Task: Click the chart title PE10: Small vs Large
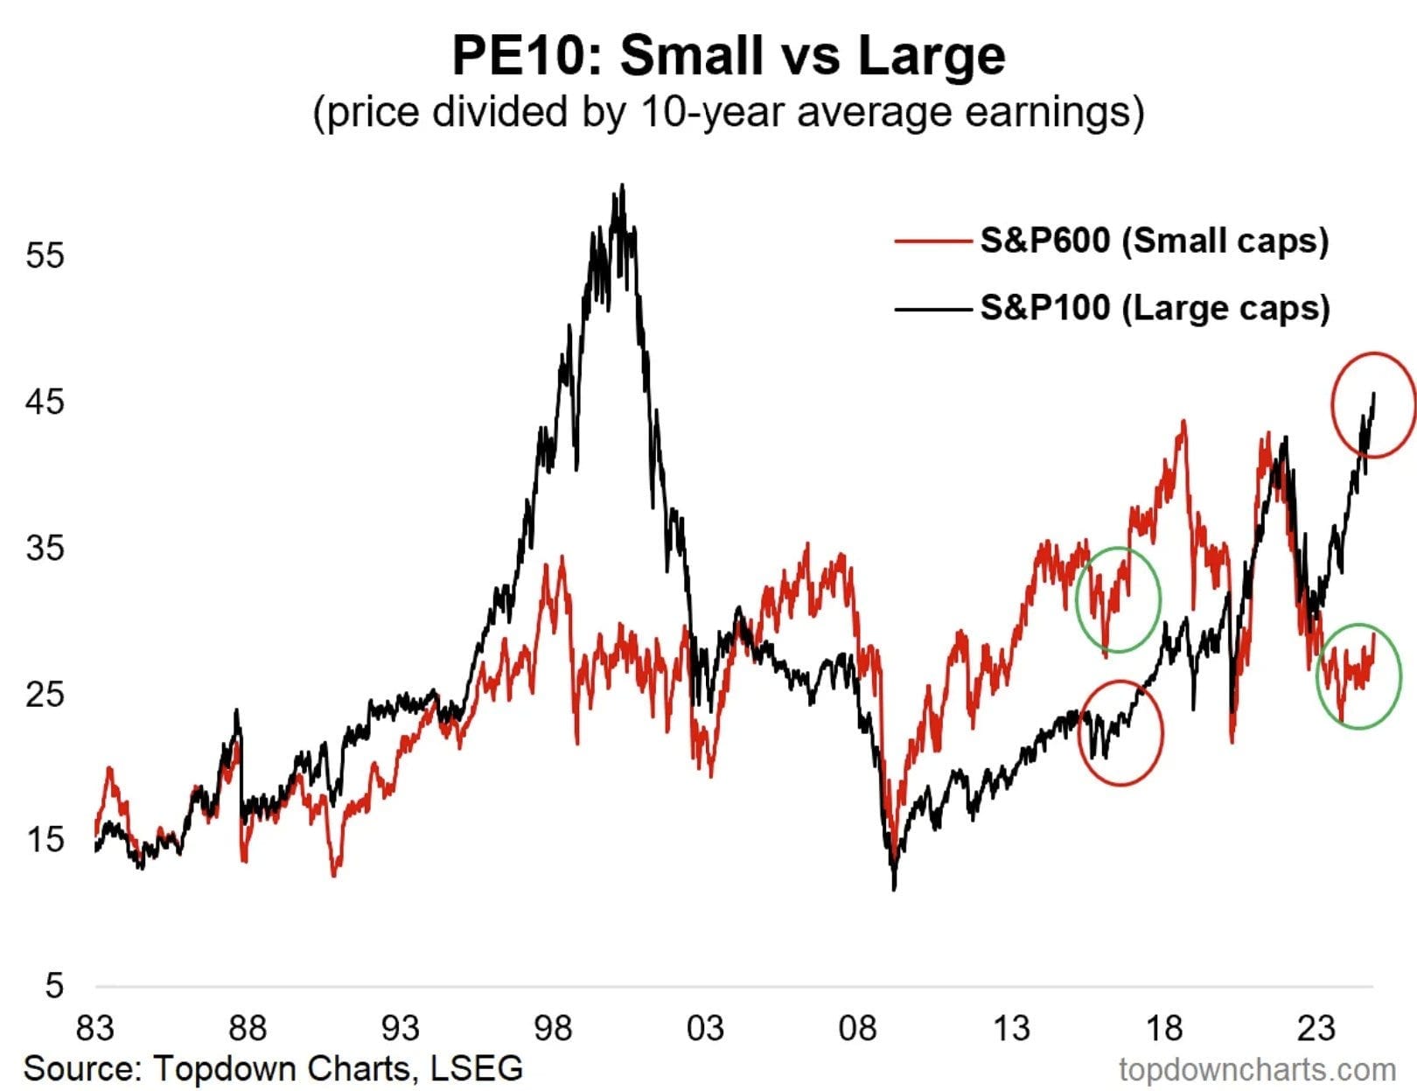(x=728, y=56)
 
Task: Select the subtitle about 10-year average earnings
(x=728, y=113)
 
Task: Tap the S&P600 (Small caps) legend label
(x=1154, y=240)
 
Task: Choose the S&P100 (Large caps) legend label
(x=1155, y=307)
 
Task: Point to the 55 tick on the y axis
(x=45, y=255)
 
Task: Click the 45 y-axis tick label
(x=45, y=402)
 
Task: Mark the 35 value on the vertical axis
(x=45, y=548)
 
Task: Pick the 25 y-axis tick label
(x=45, y=694)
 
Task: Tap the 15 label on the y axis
(x=45, y=840)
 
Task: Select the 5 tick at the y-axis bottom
(x=54, y=986)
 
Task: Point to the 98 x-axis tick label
(x=553, y=1027)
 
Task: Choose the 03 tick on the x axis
(x=705, y=1027)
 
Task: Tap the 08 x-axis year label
(x=857, y=1027)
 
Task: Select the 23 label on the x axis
(x=1316, y=1027)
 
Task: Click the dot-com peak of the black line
(x=622, y=185)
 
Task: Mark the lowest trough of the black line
(x=894, y=889)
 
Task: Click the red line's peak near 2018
(x=1183, y=422)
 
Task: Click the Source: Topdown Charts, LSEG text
(x=273, y=1068)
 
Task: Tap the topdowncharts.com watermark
(x=1257, y=1069)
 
